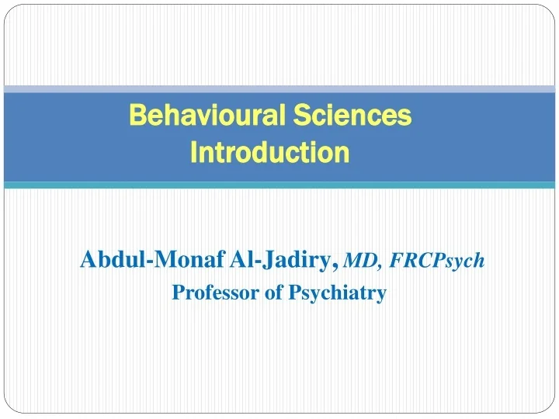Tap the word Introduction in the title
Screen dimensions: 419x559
click(269, 153)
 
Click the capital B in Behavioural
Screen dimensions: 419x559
click(137, 116)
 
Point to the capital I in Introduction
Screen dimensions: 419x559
click(194, 153)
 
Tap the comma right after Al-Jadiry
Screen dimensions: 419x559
click(335, 268)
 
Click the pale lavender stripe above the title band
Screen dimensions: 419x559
click(279, 89)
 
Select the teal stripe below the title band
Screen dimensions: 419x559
click(279, 185)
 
